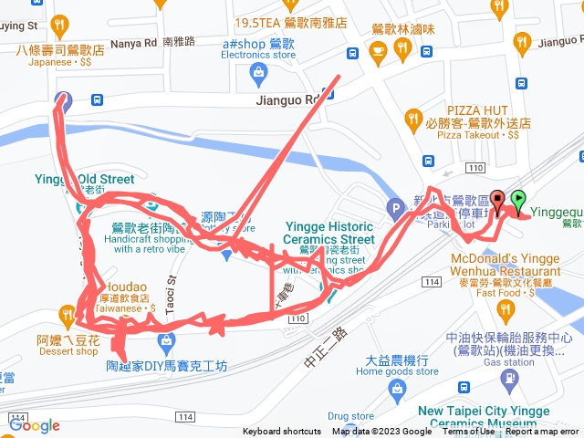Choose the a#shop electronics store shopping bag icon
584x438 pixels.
pyautogui.click(x=258, y=71)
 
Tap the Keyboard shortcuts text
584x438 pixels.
pyautogui.click(x=283, y=432)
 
